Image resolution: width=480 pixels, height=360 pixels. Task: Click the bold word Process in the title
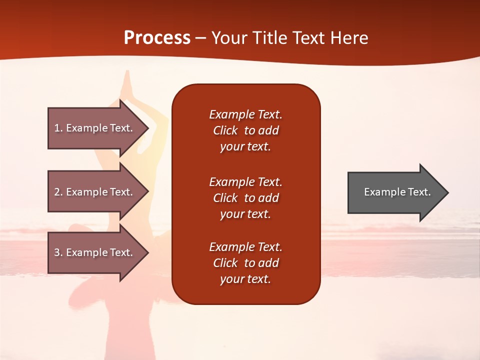[157, 37]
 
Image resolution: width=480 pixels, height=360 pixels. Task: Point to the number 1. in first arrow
[58, 128]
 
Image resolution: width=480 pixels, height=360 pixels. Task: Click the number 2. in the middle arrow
[58, 192]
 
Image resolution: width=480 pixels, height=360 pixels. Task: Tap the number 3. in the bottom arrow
[58, 252]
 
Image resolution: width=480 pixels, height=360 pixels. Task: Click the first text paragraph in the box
[245, 130]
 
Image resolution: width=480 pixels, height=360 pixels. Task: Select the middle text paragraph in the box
[245, 197]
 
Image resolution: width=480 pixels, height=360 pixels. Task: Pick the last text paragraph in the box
[245, 263]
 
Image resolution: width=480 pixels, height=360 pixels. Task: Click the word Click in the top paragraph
[225, 130]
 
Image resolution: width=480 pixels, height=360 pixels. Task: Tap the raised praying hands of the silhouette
[128, 80]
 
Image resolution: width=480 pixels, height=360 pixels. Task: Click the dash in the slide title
[200, 38]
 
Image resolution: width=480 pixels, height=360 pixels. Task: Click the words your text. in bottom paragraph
[245, 279]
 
